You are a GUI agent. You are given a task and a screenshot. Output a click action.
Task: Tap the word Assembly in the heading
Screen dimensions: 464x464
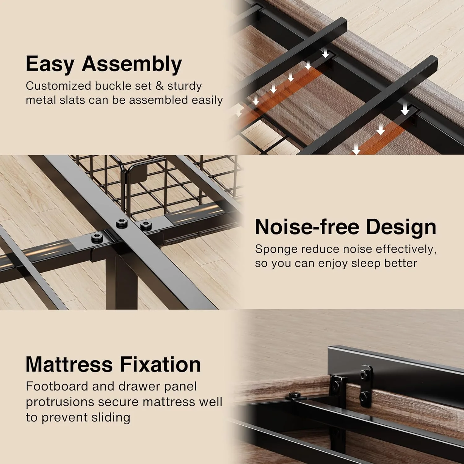tap(132, 64)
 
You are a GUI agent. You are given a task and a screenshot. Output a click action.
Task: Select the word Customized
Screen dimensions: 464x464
tap(58, 86)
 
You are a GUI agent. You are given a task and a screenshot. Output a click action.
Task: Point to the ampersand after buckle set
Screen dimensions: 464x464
tap(160, 86)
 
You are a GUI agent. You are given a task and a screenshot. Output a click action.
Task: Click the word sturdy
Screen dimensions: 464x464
tap(185, 86)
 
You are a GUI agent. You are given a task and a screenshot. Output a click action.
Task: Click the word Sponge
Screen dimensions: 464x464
tap(276, 250)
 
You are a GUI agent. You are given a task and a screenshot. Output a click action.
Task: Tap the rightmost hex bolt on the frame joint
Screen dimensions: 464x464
tap(144, 225)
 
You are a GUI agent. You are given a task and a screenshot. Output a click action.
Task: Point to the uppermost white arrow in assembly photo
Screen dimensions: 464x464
tap(325, 54)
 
